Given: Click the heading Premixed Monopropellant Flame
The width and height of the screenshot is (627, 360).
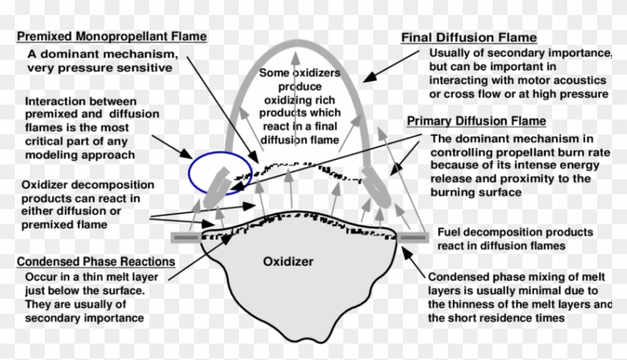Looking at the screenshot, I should click(111, 37).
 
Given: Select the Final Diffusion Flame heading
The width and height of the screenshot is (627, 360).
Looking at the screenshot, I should click(469, 37).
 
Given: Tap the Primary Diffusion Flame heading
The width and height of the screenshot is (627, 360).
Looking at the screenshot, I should click(475, 121).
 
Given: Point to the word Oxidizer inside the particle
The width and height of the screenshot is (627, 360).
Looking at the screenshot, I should click(289, 261).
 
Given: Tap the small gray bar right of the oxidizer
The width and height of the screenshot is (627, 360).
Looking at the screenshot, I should click(413, 237).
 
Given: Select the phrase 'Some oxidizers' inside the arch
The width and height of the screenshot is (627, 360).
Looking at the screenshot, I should click(299, 73).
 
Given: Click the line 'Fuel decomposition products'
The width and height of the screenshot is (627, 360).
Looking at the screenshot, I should click(515, 232).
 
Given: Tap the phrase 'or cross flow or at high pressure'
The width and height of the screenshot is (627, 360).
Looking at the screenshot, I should click(519, 94).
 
